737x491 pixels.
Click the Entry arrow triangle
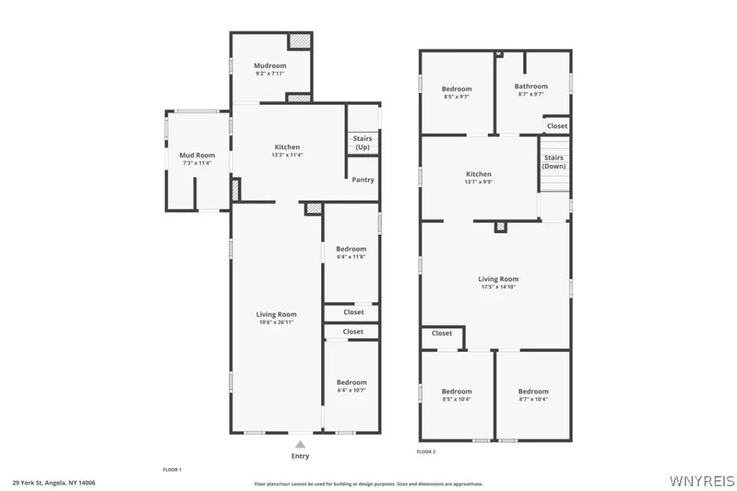tap(300, 444)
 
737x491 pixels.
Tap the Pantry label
tap(363, 180)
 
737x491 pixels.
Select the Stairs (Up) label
tap(363, 143)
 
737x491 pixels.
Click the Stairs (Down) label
tap(553, 162)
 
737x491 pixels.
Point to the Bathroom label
tap(531, 86)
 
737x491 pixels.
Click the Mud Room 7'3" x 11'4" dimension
tap(197, 163)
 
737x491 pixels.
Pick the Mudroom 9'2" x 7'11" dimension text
tap(270, 74)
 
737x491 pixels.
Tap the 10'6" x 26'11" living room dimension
tap(276, 323)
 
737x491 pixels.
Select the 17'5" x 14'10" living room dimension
tap(498, 287)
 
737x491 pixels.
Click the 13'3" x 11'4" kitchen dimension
tap(287, 155)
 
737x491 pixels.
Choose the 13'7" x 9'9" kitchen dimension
tap(479, 182)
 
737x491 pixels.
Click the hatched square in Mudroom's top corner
tap(299, 41)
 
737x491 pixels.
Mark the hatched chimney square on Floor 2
tap(501, 228)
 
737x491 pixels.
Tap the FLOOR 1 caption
tap(172, 470)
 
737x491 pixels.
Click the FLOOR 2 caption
tap(426, 452)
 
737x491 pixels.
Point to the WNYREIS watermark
tap(702, 481)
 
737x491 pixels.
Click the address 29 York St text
tap(27, 483)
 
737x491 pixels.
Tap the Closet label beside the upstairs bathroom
tap(557, 126)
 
